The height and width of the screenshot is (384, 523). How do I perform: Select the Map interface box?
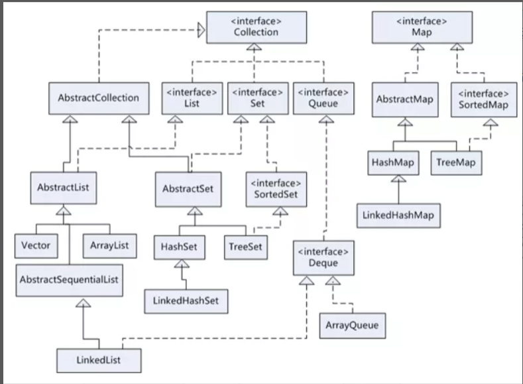(x=422, y=27)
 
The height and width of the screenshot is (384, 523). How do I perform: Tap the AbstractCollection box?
(x=98, y=98)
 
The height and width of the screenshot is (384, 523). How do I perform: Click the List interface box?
(x=191, y=98)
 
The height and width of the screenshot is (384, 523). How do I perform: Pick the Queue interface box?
(x=323, y=98)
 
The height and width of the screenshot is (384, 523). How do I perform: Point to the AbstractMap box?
(x=404, y=99)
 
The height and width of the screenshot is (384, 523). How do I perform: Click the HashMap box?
(x=394, y=162)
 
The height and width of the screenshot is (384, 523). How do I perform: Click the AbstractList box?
(x=64, y=188)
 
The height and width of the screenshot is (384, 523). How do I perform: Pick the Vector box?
(x=36, y=246)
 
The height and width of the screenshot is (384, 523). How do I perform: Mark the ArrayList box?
(x=109, y=246)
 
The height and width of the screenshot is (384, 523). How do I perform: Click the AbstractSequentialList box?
(x=70, y=280)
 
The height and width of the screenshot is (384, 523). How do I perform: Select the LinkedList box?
(x=98, y=360)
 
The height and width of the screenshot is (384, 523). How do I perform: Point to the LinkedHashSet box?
(x=186, y=301)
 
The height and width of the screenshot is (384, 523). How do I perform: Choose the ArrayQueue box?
(x=353, y=326)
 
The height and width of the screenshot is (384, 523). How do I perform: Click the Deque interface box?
(x=323, y=258)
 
